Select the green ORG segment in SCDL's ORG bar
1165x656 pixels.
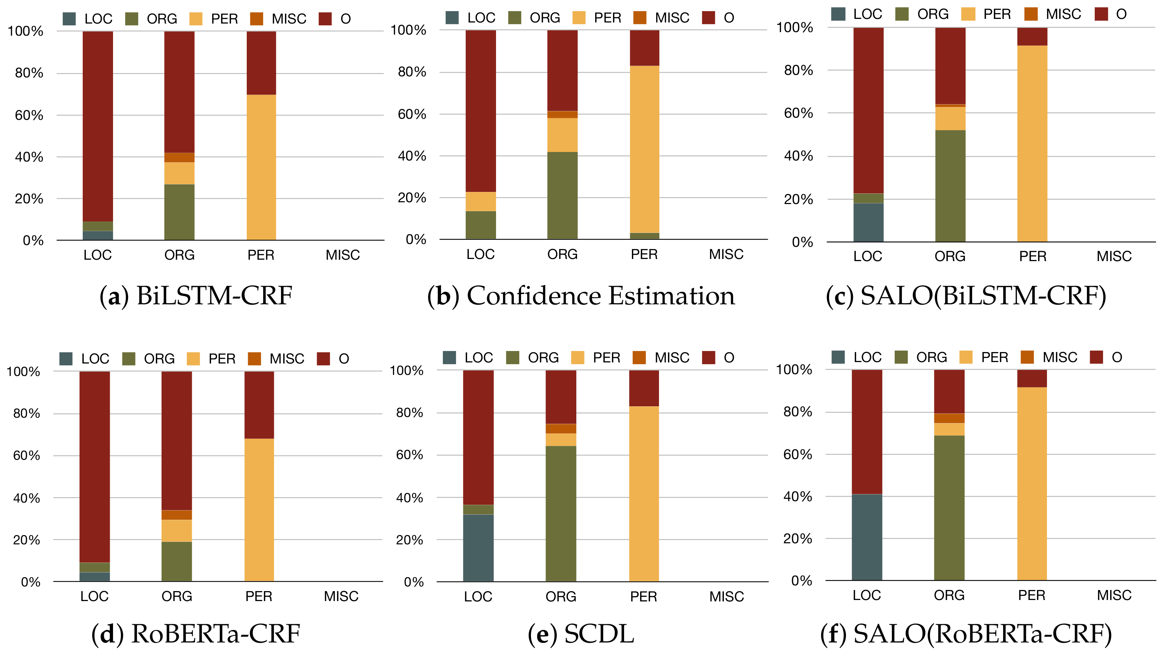[x=561, y=513]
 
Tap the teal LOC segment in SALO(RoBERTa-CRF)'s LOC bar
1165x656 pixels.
[x=867, y=537]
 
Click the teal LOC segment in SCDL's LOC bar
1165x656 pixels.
[x=478, y=548]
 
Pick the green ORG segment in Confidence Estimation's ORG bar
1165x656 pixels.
[x=562, y=195]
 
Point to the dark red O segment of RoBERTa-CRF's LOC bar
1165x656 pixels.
[x=94, y=466]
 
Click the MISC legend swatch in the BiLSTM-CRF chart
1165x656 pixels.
[x=256, y=19]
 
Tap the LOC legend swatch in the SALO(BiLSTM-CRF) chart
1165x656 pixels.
[x=838, y=14]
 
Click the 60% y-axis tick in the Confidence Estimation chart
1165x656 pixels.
[x=412, y=114]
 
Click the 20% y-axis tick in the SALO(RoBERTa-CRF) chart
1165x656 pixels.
[x=797, y=538]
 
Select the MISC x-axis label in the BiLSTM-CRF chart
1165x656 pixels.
[x=342, y=255]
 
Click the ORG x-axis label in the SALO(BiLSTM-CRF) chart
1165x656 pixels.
[x=950, y=256]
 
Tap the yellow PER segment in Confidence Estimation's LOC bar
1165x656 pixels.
[x=480, y=201]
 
